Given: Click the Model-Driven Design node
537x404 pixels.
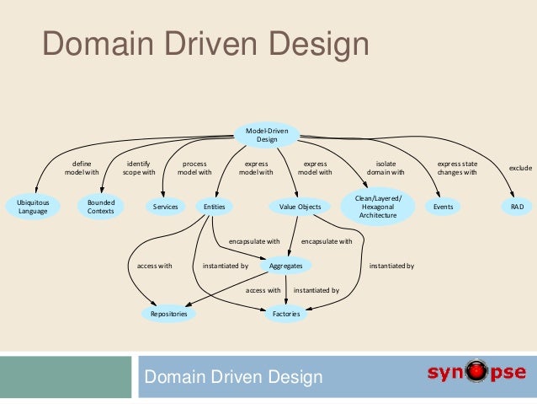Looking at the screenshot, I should (x=267, y=135).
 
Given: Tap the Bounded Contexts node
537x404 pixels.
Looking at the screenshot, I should (x=101, y=207).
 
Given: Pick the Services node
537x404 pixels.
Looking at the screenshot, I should (x=165, y=206).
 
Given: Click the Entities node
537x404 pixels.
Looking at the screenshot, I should (x=214, y=206).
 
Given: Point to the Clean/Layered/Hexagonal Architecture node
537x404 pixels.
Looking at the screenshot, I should (x=380, y=206).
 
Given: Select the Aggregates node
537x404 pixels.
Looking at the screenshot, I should (x=285, y=265).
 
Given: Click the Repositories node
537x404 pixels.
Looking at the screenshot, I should (x=168, y=314).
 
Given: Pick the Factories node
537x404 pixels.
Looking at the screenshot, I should (x=287, y=314).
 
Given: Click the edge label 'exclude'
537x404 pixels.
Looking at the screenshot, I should (x=520, y=168).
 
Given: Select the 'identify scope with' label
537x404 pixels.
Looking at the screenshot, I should (x=139, y=168).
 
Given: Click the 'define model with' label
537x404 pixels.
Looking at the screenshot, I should (x=82, y=168).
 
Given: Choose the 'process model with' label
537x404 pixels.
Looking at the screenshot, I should (x=194, y=168).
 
